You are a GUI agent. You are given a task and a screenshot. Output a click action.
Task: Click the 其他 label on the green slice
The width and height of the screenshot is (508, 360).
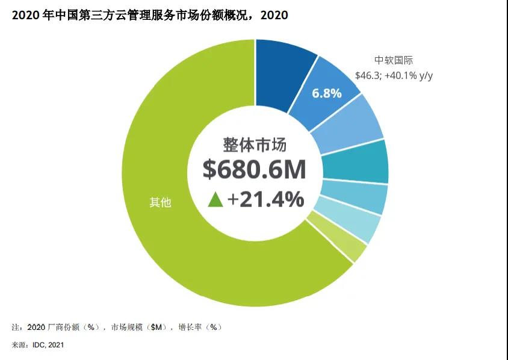(160, 203)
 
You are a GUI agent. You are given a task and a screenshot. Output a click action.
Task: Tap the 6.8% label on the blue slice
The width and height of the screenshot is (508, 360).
(326, 93)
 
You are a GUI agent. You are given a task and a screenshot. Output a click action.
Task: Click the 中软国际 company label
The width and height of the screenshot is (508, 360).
(394, 60)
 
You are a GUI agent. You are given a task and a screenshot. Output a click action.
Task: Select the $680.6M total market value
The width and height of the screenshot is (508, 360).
(254, 170)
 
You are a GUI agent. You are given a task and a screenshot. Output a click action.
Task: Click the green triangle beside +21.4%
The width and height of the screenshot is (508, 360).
(215, 199)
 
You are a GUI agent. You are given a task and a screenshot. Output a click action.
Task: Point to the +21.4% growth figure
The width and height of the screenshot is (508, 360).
(265, 199)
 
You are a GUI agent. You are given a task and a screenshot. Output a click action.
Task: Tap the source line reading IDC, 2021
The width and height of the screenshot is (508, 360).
(38, 345)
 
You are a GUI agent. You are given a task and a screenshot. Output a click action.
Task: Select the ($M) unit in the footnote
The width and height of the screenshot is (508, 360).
(153, 327)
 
